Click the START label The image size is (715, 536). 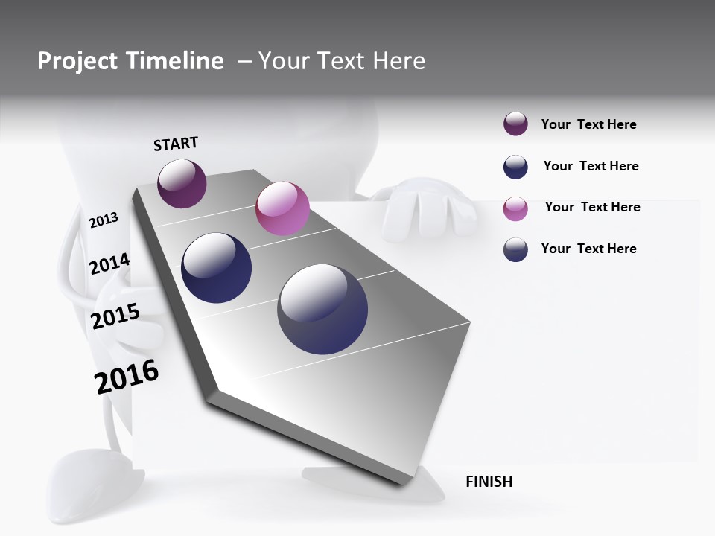[176, 144]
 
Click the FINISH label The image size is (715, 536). [489, 482]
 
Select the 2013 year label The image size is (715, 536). [104, 220]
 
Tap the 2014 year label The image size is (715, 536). [109, 264]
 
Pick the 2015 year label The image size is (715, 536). [115, 316]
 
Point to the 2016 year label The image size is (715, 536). [127, 376]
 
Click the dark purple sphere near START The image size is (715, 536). [182, 183]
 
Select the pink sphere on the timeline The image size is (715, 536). [282, 208]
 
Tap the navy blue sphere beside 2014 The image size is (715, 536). [216, 268]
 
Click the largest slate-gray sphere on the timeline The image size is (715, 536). [322, 309]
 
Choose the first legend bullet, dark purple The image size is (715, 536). [515, 124]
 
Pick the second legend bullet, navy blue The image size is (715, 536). [515, 167]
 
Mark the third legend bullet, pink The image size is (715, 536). [515, 208]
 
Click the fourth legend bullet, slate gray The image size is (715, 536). [515, 249]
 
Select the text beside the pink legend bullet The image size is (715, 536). [592, 207]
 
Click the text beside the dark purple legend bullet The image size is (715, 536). [588, 124]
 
